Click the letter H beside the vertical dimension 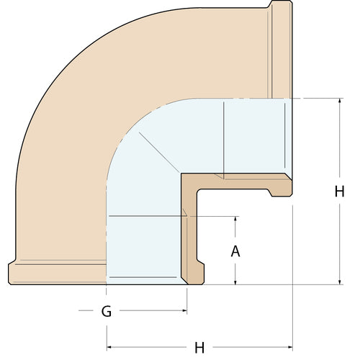point(339,192)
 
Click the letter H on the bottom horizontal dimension point(199,348)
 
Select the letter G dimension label point(106,312)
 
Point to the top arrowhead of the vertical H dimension point(339,100)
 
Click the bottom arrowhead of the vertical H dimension point(339,282)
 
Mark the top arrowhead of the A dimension point(235,217)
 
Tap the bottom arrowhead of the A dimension point(235,282)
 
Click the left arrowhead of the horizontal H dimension point(109,347)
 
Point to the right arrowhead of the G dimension point(184,312)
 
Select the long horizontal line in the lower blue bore point(144,216)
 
